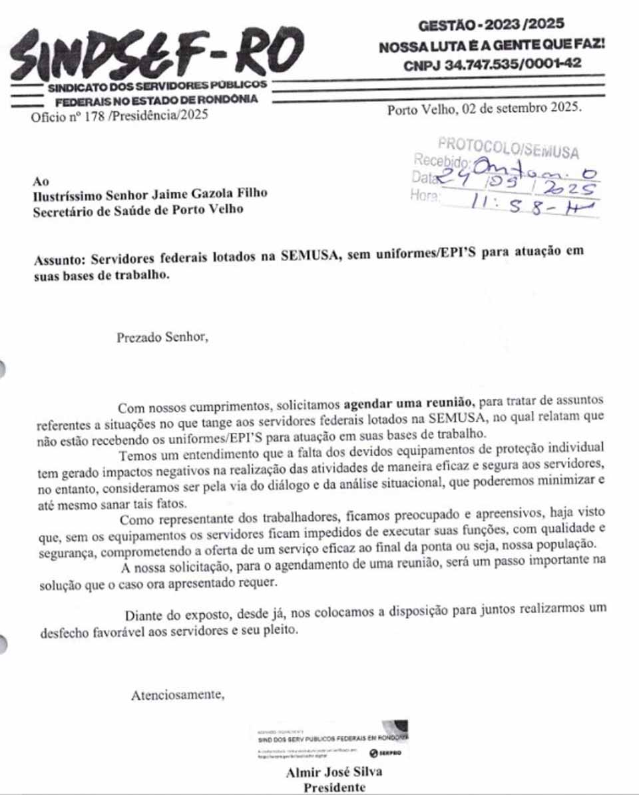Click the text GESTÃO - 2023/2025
click(491, 25)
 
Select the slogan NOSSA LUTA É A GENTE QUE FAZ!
click(491, 47)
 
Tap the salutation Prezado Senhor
click(162, 337)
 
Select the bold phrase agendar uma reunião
click(409, 403)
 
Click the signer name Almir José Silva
click(334, 773)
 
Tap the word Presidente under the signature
click(334, 788)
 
